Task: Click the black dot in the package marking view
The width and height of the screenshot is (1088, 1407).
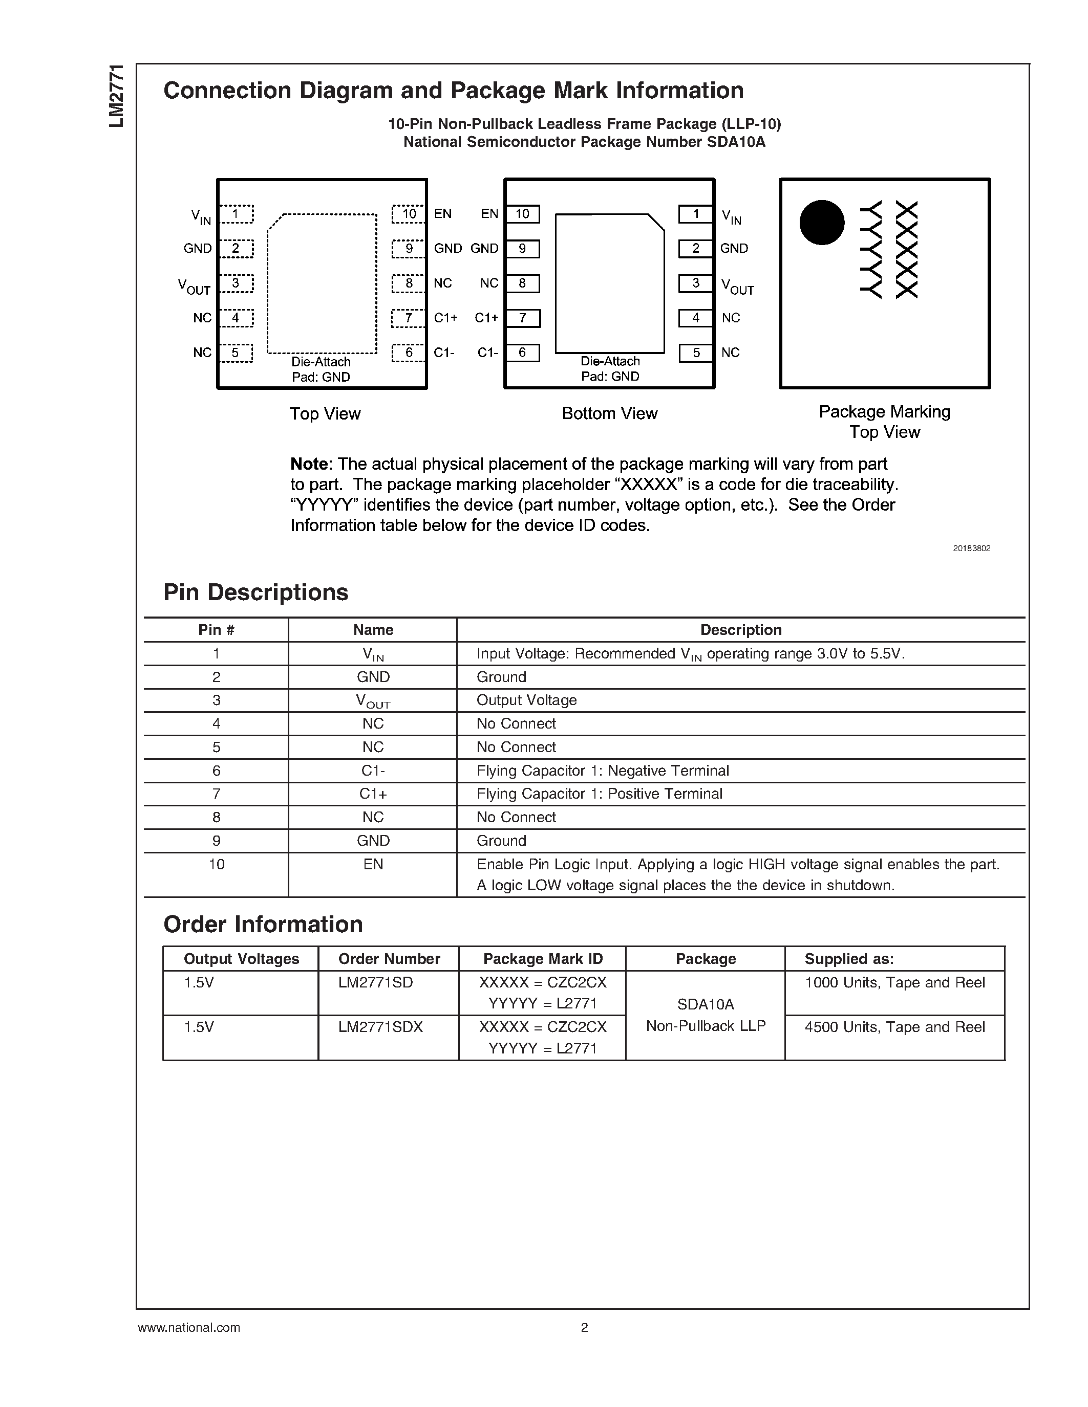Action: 822,222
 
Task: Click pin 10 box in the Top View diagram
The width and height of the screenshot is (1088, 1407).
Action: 409,214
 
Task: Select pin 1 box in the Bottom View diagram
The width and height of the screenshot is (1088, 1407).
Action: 695,214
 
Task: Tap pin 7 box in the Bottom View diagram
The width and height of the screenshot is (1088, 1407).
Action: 522,318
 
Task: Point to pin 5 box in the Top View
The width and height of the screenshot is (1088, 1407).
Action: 235,353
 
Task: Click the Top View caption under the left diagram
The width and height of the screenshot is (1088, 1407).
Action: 325,413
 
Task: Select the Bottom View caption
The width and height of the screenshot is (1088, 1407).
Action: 609,413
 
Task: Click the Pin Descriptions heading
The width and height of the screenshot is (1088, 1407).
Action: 256,592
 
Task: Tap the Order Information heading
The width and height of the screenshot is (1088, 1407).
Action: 263,925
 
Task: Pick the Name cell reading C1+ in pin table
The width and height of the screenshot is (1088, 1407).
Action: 373,794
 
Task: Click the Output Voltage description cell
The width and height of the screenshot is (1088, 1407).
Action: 527,700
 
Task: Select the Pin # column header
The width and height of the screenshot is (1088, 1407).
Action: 216,630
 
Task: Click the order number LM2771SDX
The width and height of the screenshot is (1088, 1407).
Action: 380,1027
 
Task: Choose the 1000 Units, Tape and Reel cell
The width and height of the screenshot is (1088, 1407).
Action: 894,982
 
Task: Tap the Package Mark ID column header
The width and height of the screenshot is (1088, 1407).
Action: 543,959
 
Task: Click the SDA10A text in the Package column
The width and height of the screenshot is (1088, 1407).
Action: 705,1004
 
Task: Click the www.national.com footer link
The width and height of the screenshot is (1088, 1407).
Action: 189,1328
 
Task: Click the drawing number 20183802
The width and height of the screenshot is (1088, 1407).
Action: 971,548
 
